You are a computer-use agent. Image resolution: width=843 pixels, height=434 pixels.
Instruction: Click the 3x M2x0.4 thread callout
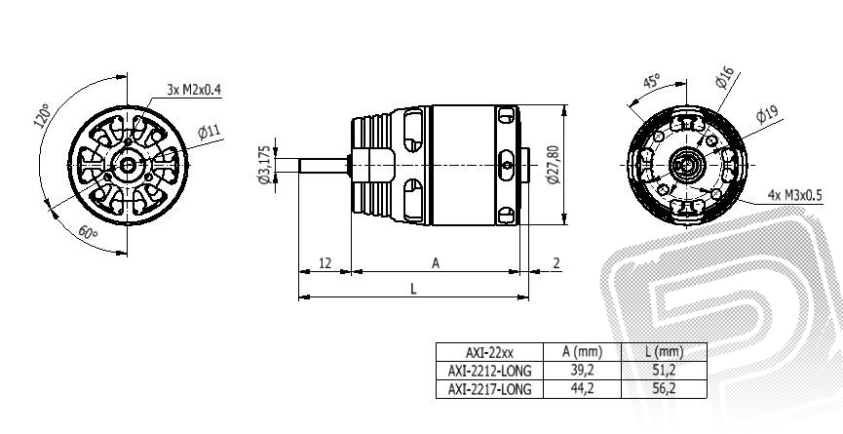coord(194,89)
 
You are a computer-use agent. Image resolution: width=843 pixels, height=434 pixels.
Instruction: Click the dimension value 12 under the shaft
coord(325,262)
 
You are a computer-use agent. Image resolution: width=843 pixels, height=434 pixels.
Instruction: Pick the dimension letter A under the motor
coord(435,262)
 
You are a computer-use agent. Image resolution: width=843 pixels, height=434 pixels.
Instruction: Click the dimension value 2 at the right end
coord(556,262)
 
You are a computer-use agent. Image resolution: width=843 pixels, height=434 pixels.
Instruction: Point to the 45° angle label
coord(652,81)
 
